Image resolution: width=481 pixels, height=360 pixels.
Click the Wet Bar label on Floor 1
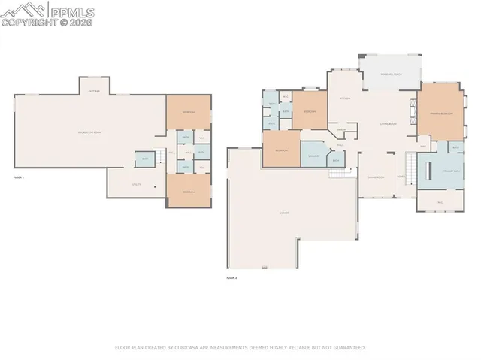[95, 90]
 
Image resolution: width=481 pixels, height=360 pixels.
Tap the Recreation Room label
[90, 132]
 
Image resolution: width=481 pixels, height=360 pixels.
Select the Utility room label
[137, 183]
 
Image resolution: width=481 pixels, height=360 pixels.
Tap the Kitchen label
[345, 98]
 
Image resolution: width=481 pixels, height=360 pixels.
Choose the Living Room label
[388, 123]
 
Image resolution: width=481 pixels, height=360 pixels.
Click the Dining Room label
[375, 177]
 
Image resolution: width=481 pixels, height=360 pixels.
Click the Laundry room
[313, 156]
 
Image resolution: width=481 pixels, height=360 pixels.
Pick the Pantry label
[341, 129]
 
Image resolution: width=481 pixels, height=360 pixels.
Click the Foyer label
[401, 177]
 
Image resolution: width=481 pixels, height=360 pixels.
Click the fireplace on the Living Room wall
[413, 113]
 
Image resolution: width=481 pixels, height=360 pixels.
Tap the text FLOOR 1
[19, 177]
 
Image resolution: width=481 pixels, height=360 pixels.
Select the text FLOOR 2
[231, 278]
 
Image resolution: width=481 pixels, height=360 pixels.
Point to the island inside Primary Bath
[428, 169]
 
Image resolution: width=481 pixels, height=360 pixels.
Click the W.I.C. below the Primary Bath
[440, 202]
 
